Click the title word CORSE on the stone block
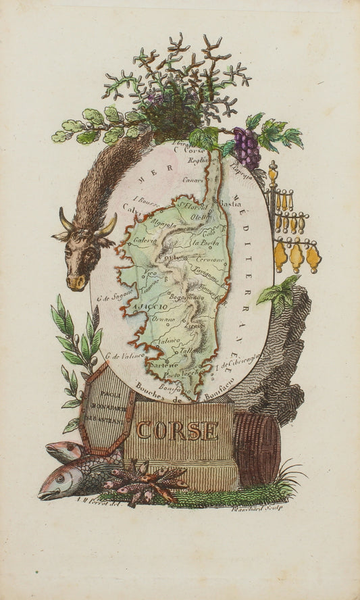pyautogui.click(x=178, y=430)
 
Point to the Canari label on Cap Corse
pyautogui.click(x=195, y=180)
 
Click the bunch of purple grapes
pyautogui.click(x=247, y=149)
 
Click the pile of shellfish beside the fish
pyautogui.click(x=146, y=481)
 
